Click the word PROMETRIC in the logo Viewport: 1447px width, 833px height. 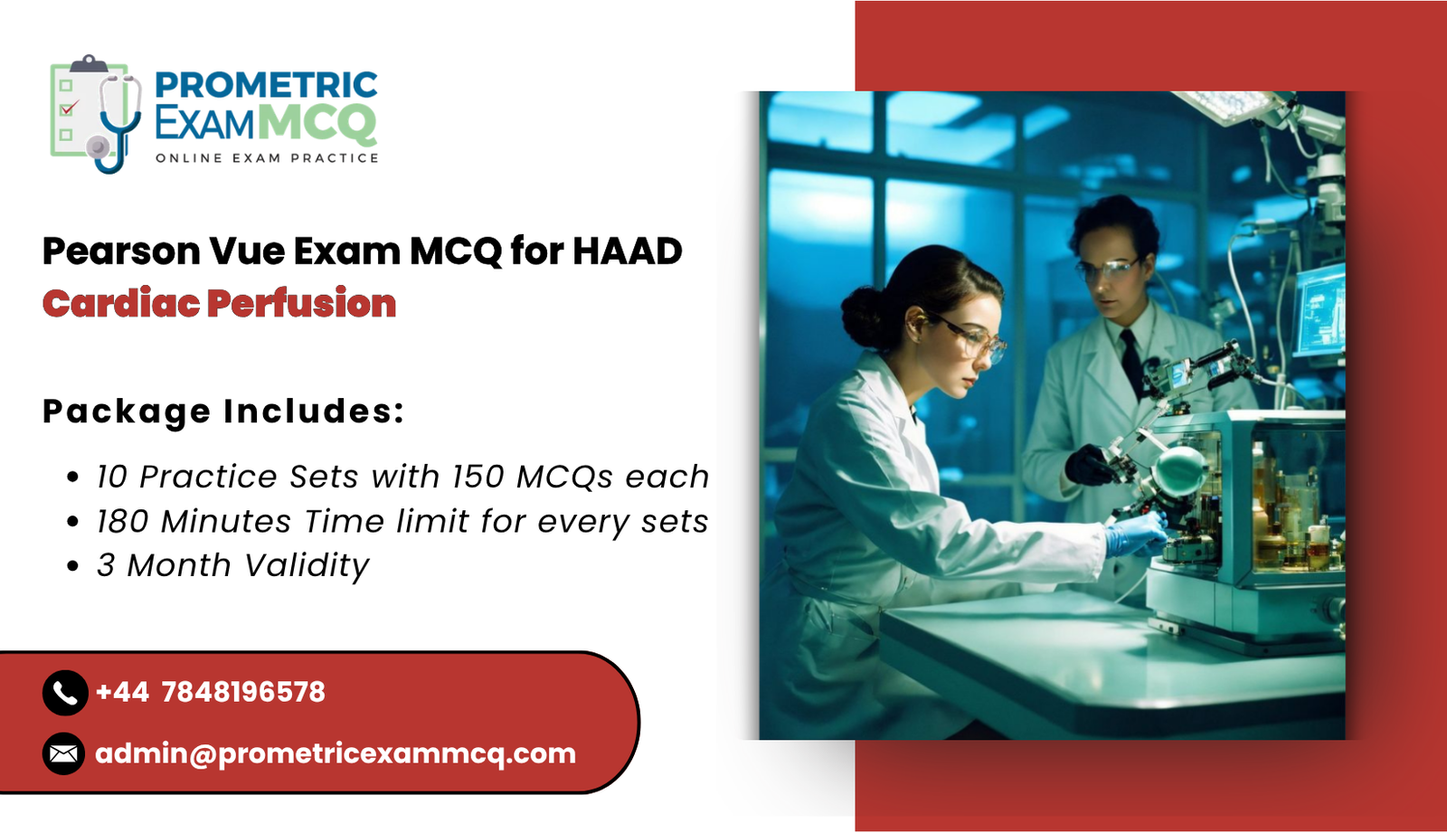pos(266,85)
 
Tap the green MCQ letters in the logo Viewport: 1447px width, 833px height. pos(317,123)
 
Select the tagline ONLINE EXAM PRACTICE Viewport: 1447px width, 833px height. pos(267,158)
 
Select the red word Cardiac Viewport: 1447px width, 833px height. pos(121,304)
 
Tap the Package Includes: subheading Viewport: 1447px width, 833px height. pos(222,412)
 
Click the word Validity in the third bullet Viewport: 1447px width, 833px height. pos(307,566)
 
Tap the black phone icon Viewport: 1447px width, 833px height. pos(64,693)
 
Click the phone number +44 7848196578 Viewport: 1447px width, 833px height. pos(210,693)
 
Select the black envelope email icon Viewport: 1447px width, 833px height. pos(64,753)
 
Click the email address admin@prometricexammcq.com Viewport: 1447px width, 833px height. pos(336,753)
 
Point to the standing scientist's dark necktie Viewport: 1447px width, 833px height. pos(1131,362)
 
